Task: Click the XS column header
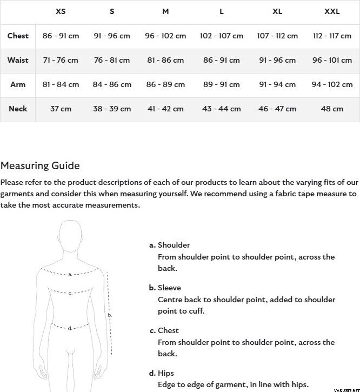[x=61, y=12]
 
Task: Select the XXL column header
[x=332, y=12]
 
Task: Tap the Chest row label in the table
[x=18, y=36]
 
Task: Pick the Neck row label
[x=18, y=109]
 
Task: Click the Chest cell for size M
[x=165, y=36]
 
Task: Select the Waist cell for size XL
[x=277, y=60]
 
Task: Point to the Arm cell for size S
[x=112, y=84]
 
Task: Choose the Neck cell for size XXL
[x=332, y=109]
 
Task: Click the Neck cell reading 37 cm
[x=61, y=109]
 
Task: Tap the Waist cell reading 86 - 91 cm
[x=222, y=60]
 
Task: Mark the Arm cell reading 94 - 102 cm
[x=332, y=84]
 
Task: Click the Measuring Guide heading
[x=40, y=166]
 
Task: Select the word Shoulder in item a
[x=174, y=245]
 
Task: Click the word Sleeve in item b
[x=169, y=288]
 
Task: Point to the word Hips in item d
[x=166, y=373]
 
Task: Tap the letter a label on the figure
[x=70, y=274]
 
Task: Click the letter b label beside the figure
[x=110, y=315]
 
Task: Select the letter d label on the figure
[x=70, y=328]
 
